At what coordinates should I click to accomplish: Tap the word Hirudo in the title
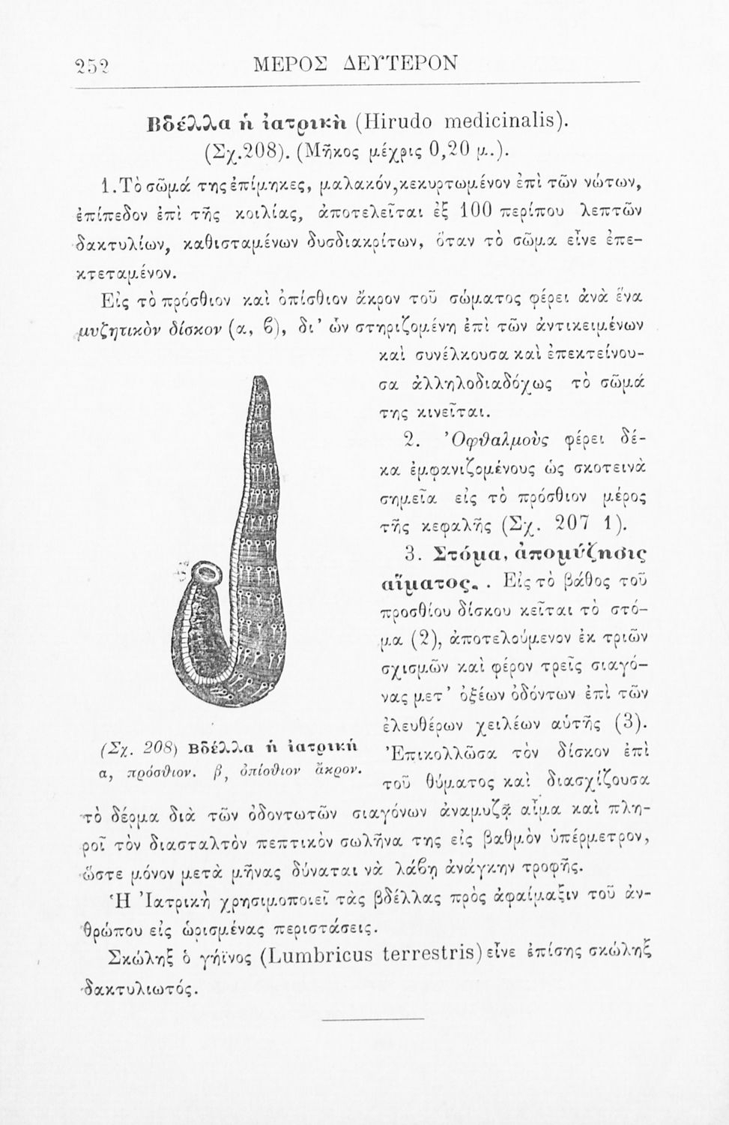(402, 119)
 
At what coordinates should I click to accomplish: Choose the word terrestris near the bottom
(430, 956)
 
